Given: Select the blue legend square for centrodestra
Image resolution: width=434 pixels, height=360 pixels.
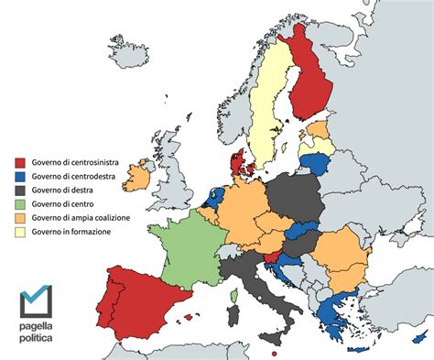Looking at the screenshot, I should pyautogui.click(x=19, y=176).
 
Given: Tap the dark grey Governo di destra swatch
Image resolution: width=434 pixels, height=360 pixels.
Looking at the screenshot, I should pyautogui.click(x=19, y=190).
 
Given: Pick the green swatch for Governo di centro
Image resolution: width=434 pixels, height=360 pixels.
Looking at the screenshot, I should pyautogui.click(x=19, y=203).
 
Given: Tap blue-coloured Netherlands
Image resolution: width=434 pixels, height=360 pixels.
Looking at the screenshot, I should pyautogui.click(x=214, y=196).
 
